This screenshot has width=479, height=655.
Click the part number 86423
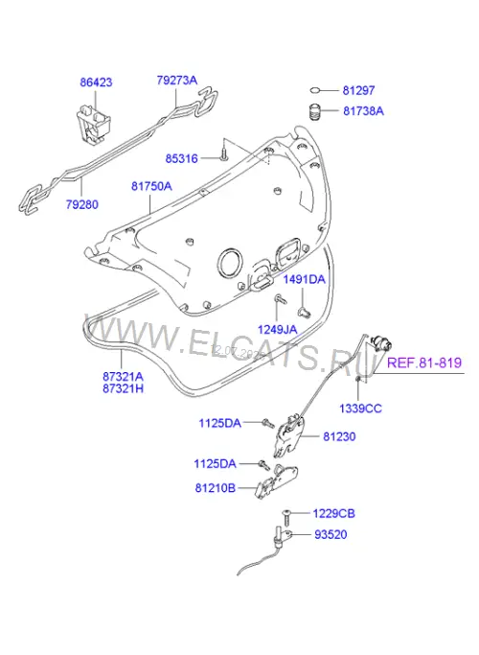[x=96, y=82]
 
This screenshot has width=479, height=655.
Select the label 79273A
[x=177, y=81]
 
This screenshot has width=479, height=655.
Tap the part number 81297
[x=359, y=90]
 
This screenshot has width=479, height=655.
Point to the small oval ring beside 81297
[x=316, y=90]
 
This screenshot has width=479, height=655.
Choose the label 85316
[x=181, y=159]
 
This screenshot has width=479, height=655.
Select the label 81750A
[x=151, y=186]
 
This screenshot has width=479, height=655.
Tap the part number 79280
[x=81, y=204]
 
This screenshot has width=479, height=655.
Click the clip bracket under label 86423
[x=94, y=123]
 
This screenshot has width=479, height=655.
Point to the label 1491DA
[x=305, y=279]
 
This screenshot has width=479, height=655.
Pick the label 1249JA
[x=277, y=330]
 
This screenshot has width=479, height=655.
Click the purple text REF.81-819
[x=424, y=363]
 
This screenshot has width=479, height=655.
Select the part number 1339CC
[x=360, y=409]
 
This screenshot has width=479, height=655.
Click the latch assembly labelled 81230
[x=288, y=435]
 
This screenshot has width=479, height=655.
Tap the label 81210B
[x=216, y=487]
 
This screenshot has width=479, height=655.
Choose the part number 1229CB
[x=333, y=513]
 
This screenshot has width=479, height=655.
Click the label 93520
[x=331, y=534]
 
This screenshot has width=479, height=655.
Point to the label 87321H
[x=123, y=388]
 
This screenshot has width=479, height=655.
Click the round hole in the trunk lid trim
[x=230, y=263]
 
